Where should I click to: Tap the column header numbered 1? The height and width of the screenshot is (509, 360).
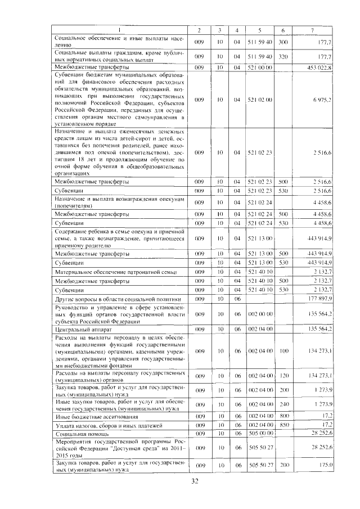coord(119,29)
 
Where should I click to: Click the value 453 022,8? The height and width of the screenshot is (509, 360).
coord(319,67)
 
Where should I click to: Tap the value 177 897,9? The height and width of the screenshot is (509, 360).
coord(319,299)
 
